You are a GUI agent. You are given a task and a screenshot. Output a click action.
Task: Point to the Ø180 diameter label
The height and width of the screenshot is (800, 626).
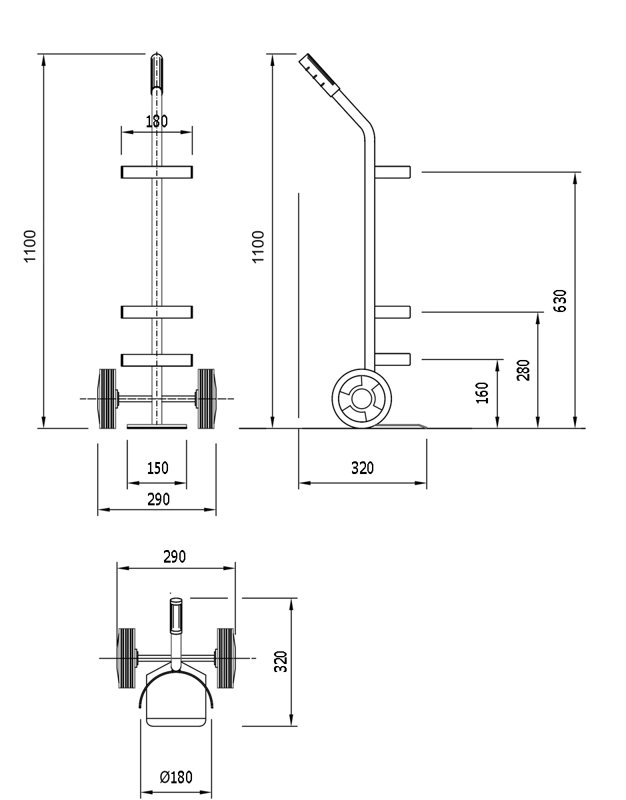pos(176,777)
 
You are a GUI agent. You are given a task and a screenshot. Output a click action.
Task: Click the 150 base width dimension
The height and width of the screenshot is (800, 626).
pos(157,468)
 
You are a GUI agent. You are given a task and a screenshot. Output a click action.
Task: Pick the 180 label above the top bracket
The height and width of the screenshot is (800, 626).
pos(157,121)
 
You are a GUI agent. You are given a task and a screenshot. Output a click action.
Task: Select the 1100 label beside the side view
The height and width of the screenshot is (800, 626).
pos(259,247)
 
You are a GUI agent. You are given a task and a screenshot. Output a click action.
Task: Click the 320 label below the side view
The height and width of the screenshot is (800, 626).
pos(363,468)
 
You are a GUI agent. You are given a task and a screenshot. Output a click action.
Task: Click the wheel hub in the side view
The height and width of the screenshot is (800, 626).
pos(361,399)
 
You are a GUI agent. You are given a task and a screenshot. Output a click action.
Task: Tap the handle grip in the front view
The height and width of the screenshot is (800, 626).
pos(157,73)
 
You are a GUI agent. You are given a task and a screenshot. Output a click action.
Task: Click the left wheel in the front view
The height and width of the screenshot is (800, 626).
pos(107,399)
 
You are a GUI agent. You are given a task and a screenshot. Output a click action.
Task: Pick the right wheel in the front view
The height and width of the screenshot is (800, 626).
pos(206,399)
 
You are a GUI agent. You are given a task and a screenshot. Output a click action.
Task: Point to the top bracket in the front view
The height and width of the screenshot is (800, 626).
pos(157,172)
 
